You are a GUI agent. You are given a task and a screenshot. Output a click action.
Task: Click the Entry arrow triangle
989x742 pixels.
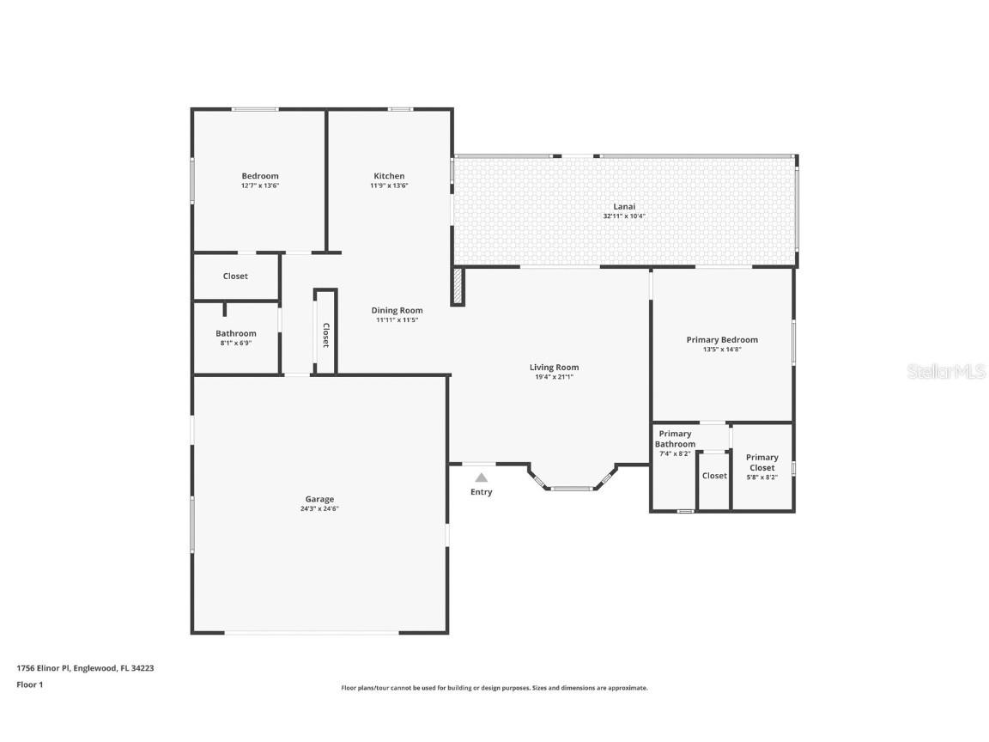[482, 477]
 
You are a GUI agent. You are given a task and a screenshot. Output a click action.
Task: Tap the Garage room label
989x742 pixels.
[319, 499]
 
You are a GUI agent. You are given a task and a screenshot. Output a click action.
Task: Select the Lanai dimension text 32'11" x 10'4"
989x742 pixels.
[624, 216]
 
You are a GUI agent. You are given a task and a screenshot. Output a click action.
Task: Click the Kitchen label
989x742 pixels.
[389, 176]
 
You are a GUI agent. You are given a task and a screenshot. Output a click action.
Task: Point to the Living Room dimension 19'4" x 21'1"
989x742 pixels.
[554, 376]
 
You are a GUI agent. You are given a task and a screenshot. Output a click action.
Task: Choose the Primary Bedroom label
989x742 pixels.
[722, 340]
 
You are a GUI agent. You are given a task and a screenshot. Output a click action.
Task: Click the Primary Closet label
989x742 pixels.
[761, 462]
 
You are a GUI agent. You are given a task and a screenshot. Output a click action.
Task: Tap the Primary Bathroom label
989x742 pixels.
[675, 439]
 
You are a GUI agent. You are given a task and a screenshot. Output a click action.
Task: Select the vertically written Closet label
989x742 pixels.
[325, 334]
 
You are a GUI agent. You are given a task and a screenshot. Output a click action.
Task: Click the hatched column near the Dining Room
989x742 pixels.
[458, 286]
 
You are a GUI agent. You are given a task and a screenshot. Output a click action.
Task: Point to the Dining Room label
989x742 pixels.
[397, 311]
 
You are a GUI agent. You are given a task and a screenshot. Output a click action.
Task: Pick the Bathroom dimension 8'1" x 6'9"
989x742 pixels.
[235, 343]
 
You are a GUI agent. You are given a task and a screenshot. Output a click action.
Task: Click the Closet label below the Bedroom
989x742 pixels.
[235, 277]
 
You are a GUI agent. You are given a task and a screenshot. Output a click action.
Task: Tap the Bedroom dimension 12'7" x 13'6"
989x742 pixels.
[259, 185]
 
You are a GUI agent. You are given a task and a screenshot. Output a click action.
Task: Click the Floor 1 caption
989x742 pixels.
[29, 684]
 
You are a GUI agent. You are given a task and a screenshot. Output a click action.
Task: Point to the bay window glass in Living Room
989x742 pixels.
[571, 489]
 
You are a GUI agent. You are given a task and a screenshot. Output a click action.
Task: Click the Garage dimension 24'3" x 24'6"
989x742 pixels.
[319, 508]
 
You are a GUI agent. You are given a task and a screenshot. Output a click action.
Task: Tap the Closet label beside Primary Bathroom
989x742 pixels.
[714, 476]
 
